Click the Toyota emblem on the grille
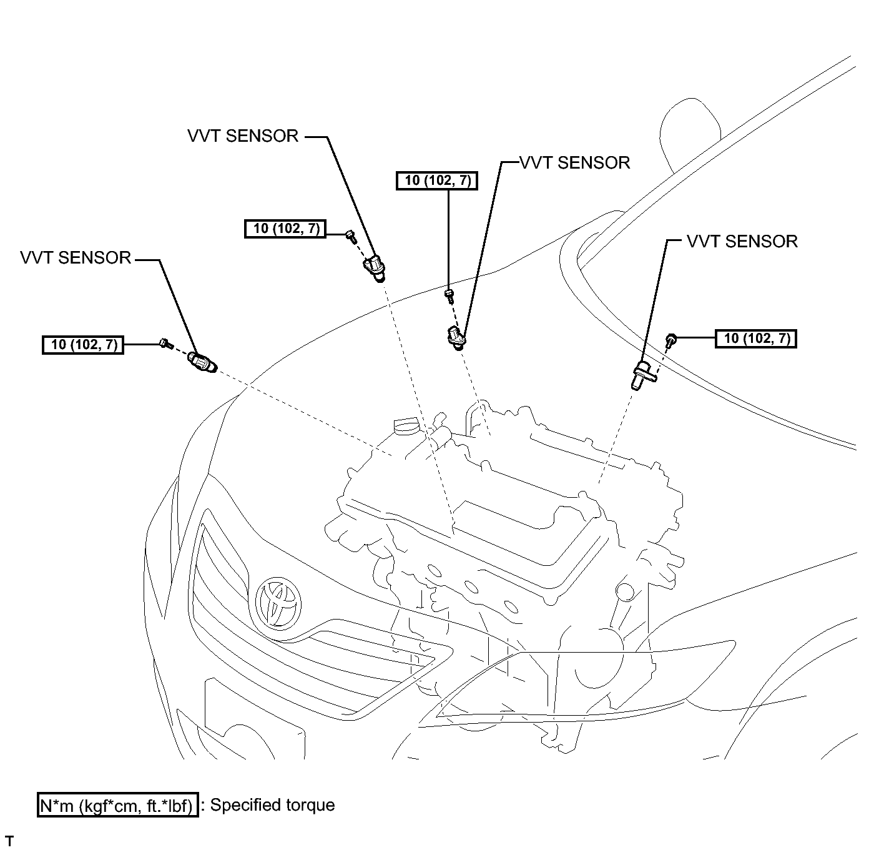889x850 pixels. pyautogui.click(x=278, y=602)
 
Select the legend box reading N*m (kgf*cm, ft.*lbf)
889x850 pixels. pyautogui.click(x=117, y=805)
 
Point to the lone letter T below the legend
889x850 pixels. pyautogui.click(x=9, y=841)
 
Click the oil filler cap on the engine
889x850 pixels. pyautogui.click(x=405, y=425)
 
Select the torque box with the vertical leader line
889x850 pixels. pyautogui.click(x=436, y=180)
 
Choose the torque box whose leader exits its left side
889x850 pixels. pyautogui.click(x=755, y=339)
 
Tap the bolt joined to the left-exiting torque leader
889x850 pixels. pyautogui.click(x=670, y=340)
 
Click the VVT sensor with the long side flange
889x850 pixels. pyautogui.click(x=643, y=375)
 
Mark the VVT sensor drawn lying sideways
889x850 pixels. pyautogui.click(x=202, y=362)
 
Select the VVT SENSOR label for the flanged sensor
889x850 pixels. pyautogui.click(x=742, y=241)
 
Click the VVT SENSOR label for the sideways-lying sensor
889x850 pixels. pyautogui.click(x=76, y=258)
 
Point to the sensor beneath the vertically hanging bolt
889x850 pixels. pyautogui.click(x=456, y=338)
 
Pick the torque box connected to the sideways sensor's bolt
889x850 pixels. pyautogui.click(x=82, y=345)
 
